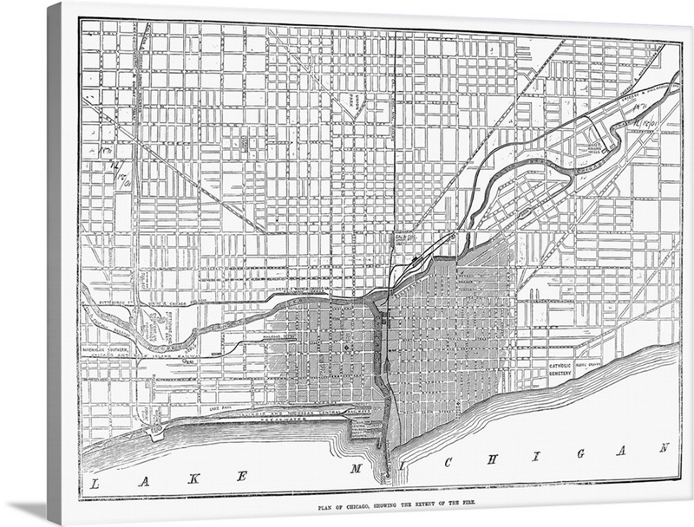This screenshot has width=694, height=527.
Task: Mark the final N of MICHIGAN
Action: tap(664, 447)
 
